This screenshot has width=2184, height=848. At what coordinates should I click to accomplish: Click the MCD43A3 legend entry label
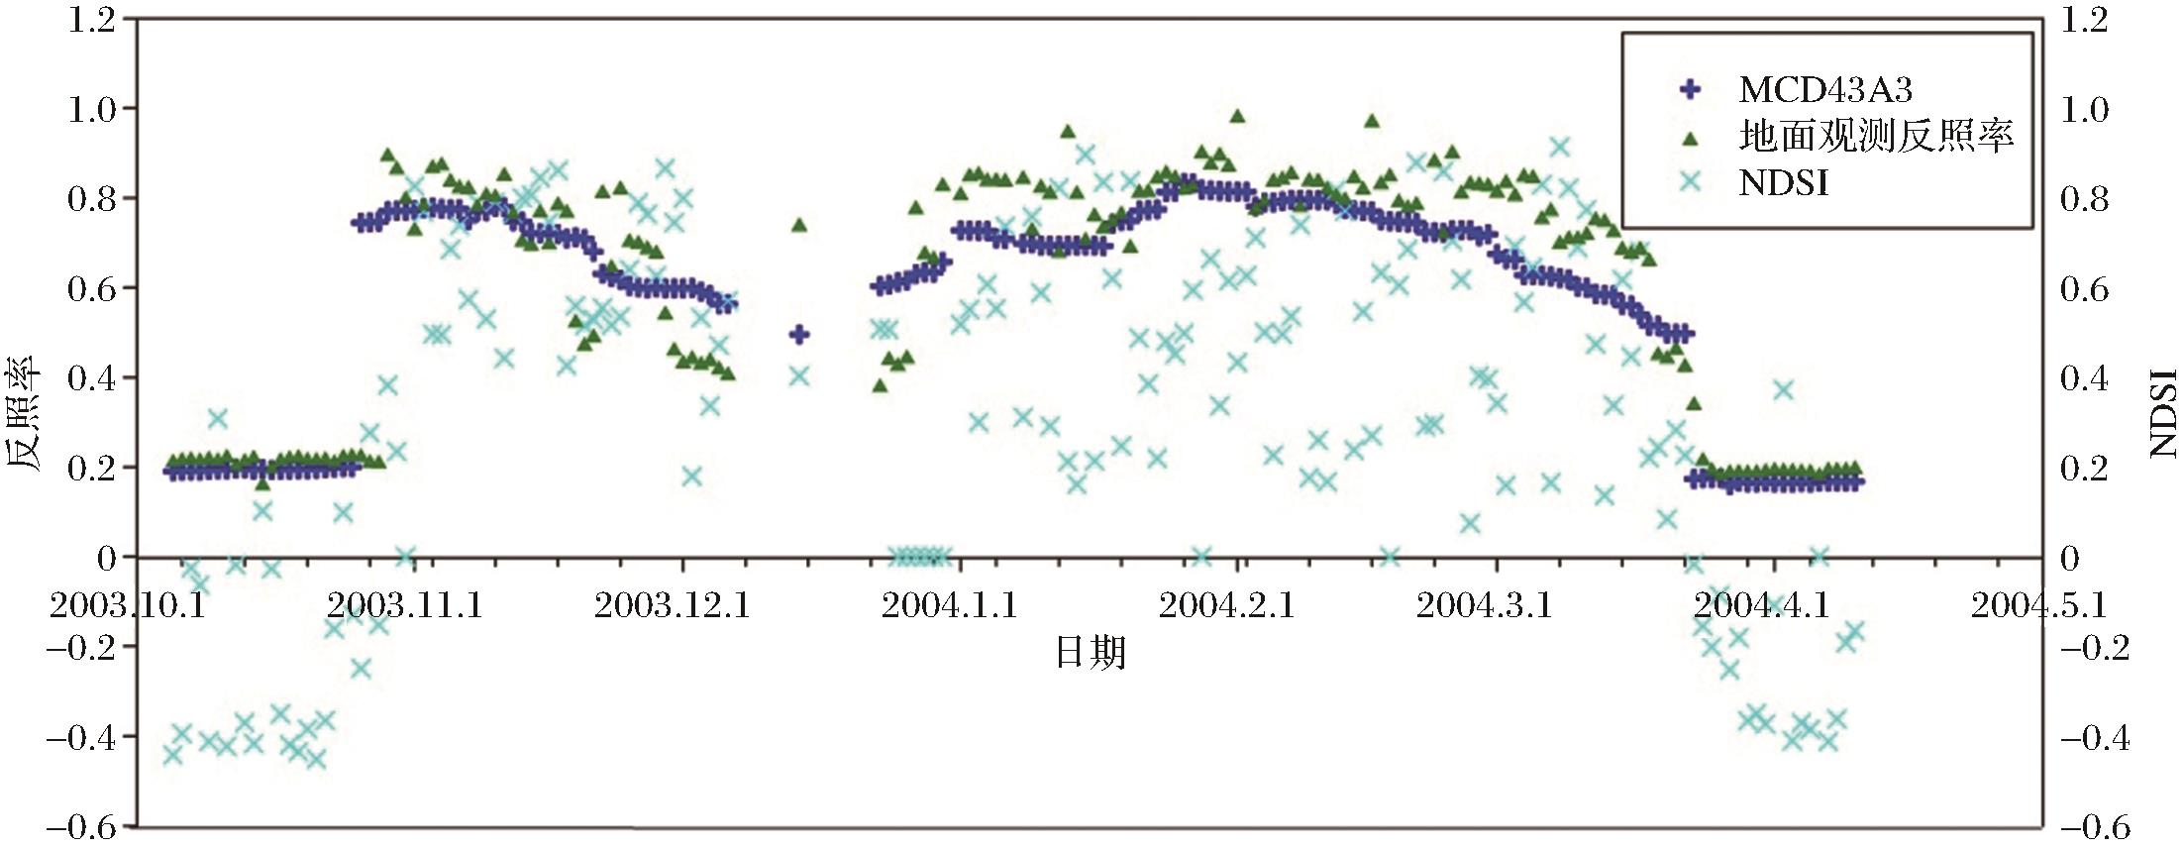[x=1824, y=90]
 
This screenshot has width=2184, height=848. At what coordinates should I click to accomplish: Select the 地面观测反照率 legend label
[x=1876, y=136]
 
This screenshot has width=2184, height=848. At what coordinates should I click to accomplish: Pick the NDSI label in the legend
[x=1783, y=183]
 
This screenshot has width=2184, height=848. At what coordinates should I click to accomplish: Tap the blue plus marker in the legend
[x=1690, y=90]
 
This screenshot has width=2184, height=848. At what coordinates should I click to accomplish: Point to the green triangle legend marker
[x=1690, y=138]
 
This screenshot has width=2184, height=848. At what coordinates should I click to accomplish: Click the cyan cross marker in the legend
[x=1690, y=182]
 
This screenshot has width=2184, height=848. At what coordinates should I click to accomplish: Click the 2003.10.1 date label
[x=128, y=604]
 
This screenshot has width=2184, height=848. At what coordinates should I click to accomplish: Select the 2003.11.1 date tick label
[x=405, y=604]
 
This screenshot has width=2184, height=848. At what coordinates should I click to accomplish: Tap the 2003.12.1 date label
[x=673, y=604]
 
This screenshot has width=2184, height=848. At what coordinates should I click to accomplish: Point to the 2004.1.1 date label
[x=949, y=604]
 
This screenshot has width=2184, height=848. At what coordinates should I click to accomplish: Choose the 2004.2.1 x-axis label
[x=1226, y=604]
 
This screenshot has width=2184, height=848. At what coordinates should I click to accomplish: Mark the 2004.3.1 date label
[x=1484, y=604]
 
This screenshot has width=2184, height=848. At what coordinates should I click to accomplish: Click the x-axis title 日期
[x=1090, y=653]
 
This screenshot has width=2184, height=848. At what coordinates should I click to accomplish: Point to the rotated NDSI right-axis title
[x=2163, y=413]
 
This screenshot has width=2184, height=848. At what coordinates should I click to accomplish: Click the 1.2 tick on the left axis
[x=91, y=20]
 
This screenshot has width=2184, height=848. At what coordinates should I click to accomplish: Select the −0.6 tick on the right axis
[x=2093, y=827]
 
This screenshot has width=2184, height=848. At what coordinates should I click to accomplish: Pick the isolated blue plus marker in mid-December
[x=799, y=335]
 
